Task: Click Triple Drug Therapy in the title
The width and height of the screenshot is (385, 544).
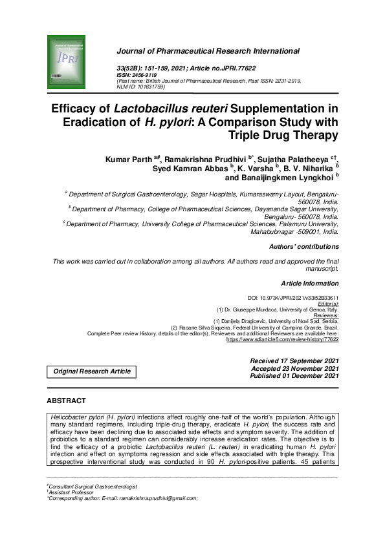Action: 283,134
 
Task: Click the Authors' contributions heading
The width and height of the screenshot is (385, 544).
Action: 303,246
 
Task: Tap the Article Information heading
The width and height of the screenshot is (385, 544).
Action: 309,284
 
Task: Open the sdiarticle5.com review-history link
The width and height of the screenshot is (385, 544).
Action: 282,339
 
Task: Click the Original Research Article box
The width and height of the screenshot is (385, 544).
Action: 91,371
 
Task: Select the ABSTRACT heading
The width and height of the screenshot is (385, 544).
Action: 67,401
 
